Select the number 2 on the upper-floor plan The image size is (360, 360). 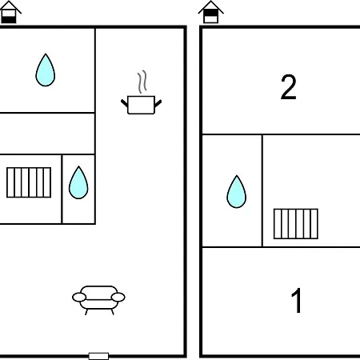click(289, 87)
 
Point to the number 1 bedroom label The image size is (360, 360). click(296, 300)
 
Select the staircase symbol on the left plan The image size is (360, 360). click(29, 182)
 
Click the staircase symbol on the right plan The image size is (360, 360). click(296, 224)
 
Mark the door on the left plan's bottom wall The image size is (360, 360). click(98, 356)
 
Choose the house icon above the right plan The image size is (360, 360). click(211, 12)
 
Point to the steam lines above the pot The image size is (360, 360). click(142, 82)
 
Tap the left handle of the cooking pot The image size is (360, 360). click(125, 103)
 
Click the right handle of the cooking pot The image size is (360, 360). click(158, 103)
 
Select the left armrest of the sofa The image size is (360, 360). click(79, 297)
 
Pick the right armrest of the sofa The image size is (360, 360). click(118, 297)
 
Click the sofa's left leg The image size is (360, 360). click(86, 312)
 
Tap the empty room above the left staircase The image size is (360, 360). click(47, 134)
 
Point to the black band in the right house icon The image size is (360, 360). click(211, 13)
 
